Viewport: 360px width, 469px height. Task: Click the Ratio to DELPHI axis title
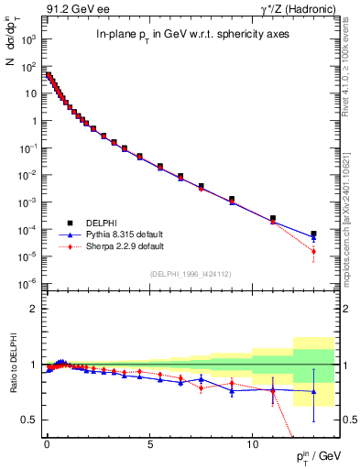coord(12,365)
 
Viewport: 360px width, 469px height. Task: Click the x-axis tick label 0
coord(47,442)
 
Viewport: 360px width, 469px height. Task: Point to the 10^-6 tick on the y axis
coord(29,282)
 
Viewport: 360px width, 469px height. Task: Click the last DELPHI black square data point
coord(313,234)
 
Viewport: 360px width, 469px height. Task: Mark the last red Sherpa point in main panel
coord(313,251)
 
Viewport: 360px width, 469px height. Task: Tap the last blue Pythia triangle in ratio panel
coord(313,392)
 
